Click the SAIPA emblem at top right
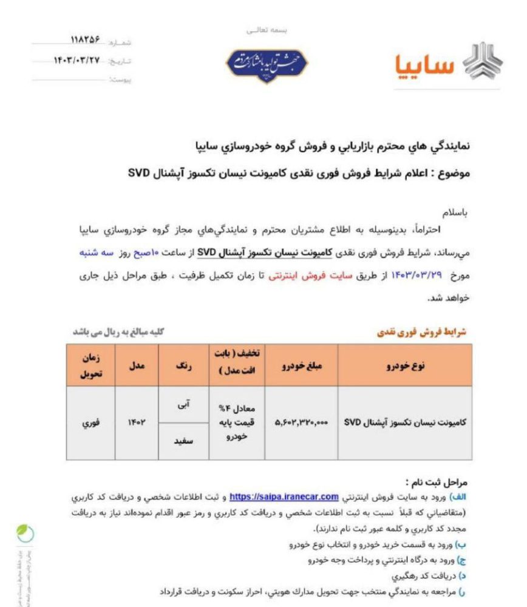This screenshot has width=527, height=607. click(x=483, y=63)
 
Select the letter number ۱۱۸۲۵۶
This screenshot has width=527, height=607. click(x=86, y=41)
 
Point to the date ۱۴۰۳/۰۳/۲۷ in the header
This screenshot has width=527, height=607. click(x=78, y=61)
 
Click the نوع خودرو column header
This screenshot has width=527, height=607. click(x=405, y=365)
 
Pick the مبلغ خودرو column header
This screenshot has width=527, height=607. click(x=302, y=365)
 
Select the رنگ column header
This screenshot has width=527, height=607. click(x=183, y=365)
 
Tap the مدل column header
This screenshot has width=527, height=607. click(x=136, y=365)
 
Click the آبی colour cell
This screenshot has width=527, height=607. click(x=183, y=404)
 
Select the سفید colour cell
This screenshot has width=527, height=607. click(x=183, y=441)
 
